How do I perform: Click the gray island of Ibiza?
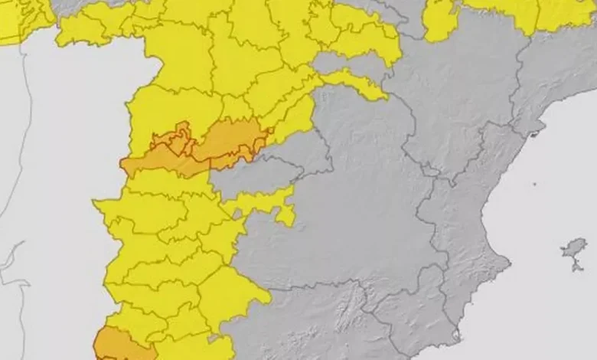click(574, 248)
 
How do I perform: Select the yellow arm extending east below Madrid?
click(268, 203)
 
